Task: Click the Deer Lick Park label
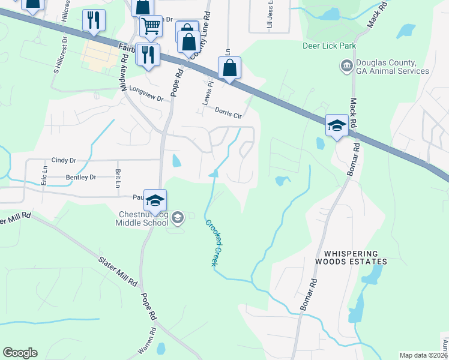point(330,46)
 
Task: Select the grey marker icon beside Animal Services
point(346,65)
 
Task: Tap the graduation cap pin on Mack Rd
point(336,127)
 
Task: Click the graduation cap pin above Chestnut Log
point(155,202)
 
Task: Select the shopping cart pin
point(151,26)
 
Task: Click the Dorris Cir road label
point(228,112)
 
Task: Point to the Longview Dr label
point(146,94)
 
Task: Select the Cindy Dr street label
point(64,160)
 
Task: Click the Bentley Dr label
point(80,178)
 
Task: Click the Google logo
point(20,353)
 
